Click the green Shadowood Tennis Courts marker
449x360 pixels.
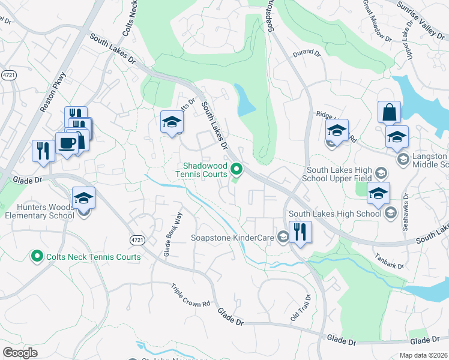237,170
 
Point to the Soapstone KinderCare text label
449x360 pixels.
232,238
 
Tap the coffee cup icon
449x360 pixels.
67,143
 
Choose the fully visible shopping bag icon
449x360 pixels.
389,112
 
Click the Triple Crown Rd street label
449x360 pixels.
190,295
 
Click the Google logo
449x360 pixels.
20,353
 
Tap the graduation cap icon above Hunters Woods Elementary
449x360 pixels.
83,197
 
